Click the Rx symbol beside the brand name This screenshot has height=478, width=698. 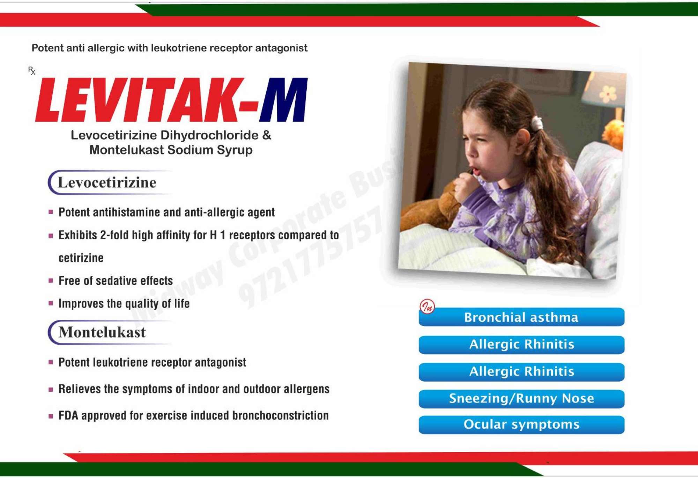click(32, 71)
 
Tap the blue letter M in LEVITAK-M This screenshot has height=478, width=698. click(283, 100)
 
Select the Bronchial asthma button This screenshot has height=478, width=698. click(521, 317)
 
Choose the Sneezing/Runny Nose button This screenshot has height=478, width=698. click(521, 399)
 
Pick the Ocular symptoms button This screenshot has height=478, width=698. click(521, 425)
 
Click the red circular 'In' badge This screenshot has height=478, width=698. click(427, 307)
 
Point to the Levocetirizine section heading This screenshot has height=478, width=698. click(107, 182)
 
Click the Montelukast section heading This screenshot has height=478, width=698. click(102, 332)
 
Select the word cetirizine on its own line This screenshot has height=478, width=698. click(81, 258)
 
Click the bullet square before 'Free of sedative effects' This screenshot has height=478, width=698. click(51, 281)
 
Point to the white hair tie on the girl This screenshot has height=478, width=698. click(537, 123)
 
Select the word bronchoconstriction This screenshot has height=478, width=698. click(281, 415)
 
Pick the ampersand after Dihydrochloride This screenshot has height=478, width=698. click(267, 135)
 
